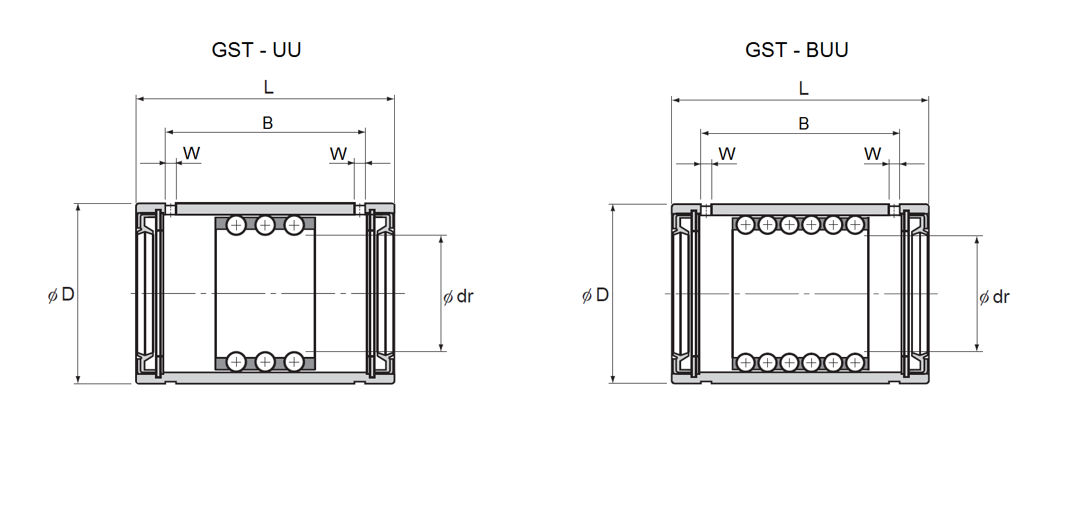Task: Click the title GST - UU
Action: (x=256, y=50)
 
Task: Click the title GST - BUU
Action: (x=796, y=50)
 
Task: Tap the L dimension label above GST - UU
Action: (x=268, y=87)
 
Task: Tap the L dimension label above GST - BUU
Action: (x=804, y=88)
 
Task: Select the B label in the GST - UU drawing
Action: (x=268, y=123)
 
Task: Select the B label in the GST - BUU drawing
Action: (x=804, y=123)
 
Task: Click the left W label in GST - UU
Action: (x=192, y=153)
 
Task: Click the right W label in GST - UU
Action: (x=338, y=154)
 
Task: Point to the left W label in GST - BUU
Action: (x=727, y=154)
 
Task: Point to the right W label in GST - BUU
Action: (x=873, y=154)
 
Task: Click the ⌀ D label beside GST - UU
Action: (x=61, y=294)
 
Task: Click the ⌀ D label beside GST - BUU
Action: (x=596, y=295)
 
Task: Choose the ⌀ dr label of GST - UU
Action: (x=459, y=297)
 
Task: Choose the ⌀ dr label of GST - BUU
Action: (x=995, y=297)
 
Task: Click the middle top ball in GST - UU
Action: (x=265, y=225)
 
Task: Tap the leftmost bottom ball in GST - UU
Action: (x=236, y=361)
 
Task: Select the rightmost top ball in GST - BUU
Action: (x=855, y=225)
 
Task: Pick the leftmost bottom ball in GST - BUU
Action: (x=746, y=362)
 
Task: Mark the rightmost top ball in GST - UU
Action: (x=294, y=225)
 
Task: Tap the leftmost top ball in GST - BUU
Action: (x=746, y=225)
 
